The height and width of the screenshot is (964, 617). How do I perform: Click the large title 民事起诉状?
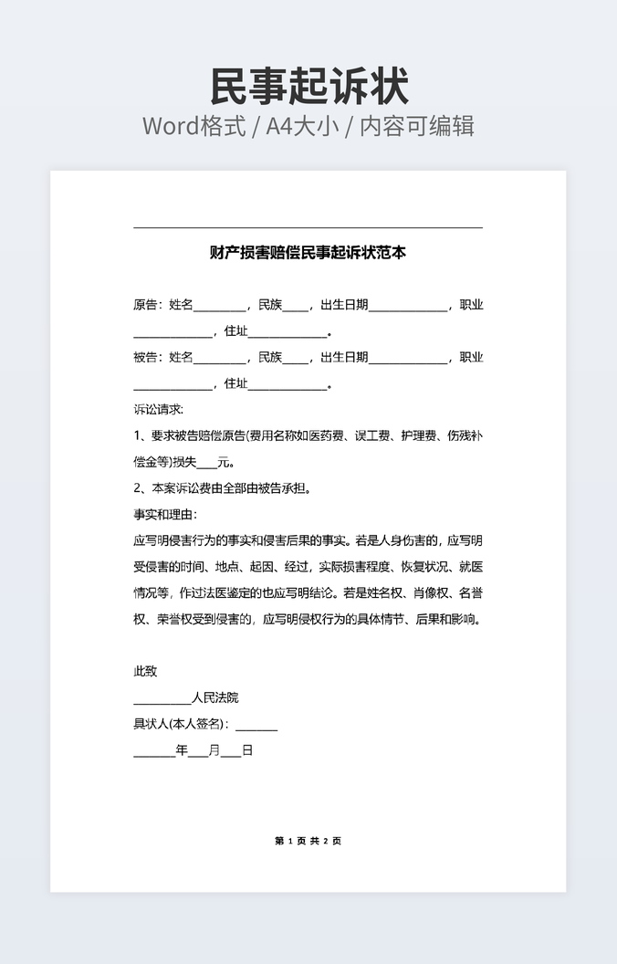308,87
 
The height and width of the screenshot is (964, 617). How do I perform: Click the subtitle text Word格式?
193,126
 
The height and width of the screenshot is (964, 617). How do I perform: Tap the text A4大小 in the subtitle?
302,126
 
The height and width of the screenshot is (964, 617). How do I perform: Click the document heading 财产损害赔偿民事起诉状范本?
308,253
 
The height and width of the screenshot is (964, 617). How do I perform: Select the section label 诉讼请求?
159,409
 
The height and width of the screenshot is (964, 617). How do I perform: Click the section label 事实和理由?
165,514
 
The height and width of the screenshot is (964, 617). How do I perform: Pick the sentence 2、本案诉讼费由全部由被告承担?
223,487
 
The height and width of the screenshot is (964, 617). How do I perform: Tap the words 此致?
145,671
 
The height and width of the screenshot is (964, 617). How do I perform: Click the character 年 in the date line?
182,751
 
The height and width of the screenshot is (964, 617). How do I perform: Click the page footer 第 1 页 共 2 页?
308,841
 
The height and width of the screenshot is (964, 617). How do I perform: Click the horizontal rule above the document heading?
308,227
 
